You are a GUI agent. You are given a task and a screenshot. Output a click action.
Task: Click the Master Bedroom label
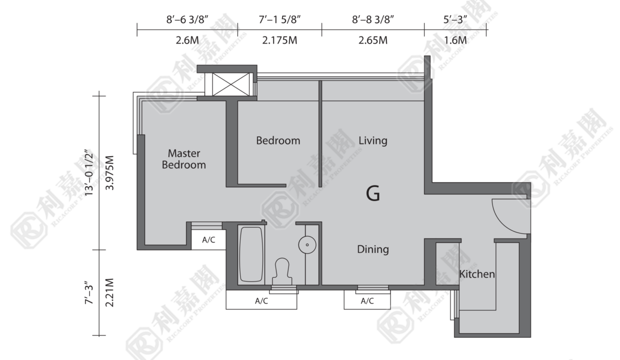point(184,159)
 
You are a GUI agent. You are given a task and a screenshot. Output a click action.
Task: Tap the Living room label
point(373,141)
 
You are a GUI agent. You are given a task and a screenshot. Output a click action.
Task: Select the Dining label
point(373,249)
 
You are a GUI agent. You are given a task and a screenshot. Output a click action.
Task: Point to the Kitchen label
point(477,274)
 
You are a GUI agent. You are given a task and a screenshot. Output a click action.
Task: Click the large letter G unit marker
point(373,193)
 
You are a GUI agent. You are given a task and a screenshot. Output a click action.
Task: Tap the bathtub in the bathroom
point(251,254)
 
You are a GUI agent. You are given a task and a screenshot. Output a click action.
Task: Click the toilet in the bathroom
point(282,271)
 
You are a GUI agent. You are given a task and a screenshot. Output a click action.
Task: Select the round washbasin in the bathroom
point(307,244)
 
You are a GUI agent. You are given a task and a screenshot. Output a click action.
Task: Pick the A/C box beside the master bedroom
point(208,239)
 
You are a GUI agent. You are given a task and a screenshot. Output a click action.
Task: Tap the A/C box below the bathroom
point(261,300)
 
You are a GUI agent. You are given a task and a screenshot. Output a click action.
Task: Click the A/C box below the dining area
point(367,300)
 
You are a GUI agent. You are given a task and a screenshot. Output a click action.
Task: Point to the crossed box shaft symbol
point(231,84)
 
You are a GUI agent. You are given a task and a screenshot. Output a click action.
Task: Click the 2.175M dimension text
point(279,40)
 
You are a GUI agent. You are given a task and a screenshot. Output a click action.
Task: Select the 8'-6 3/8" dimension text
point(187,20)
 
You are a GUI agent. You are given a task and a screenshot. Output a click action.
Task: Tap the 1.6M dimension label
point(455,40)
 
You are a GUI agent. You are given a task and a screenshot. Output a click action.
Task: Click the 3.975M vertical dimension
point(109,173)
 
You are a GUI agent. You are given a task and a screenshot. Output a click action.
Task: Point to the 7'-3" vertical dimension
point(89,293)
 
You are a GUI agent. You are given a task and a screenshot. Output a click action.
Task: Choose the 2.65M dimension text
point(373,40)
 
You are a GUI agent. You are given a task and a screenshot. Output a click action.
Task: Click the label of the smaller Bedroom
point(278,141)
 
